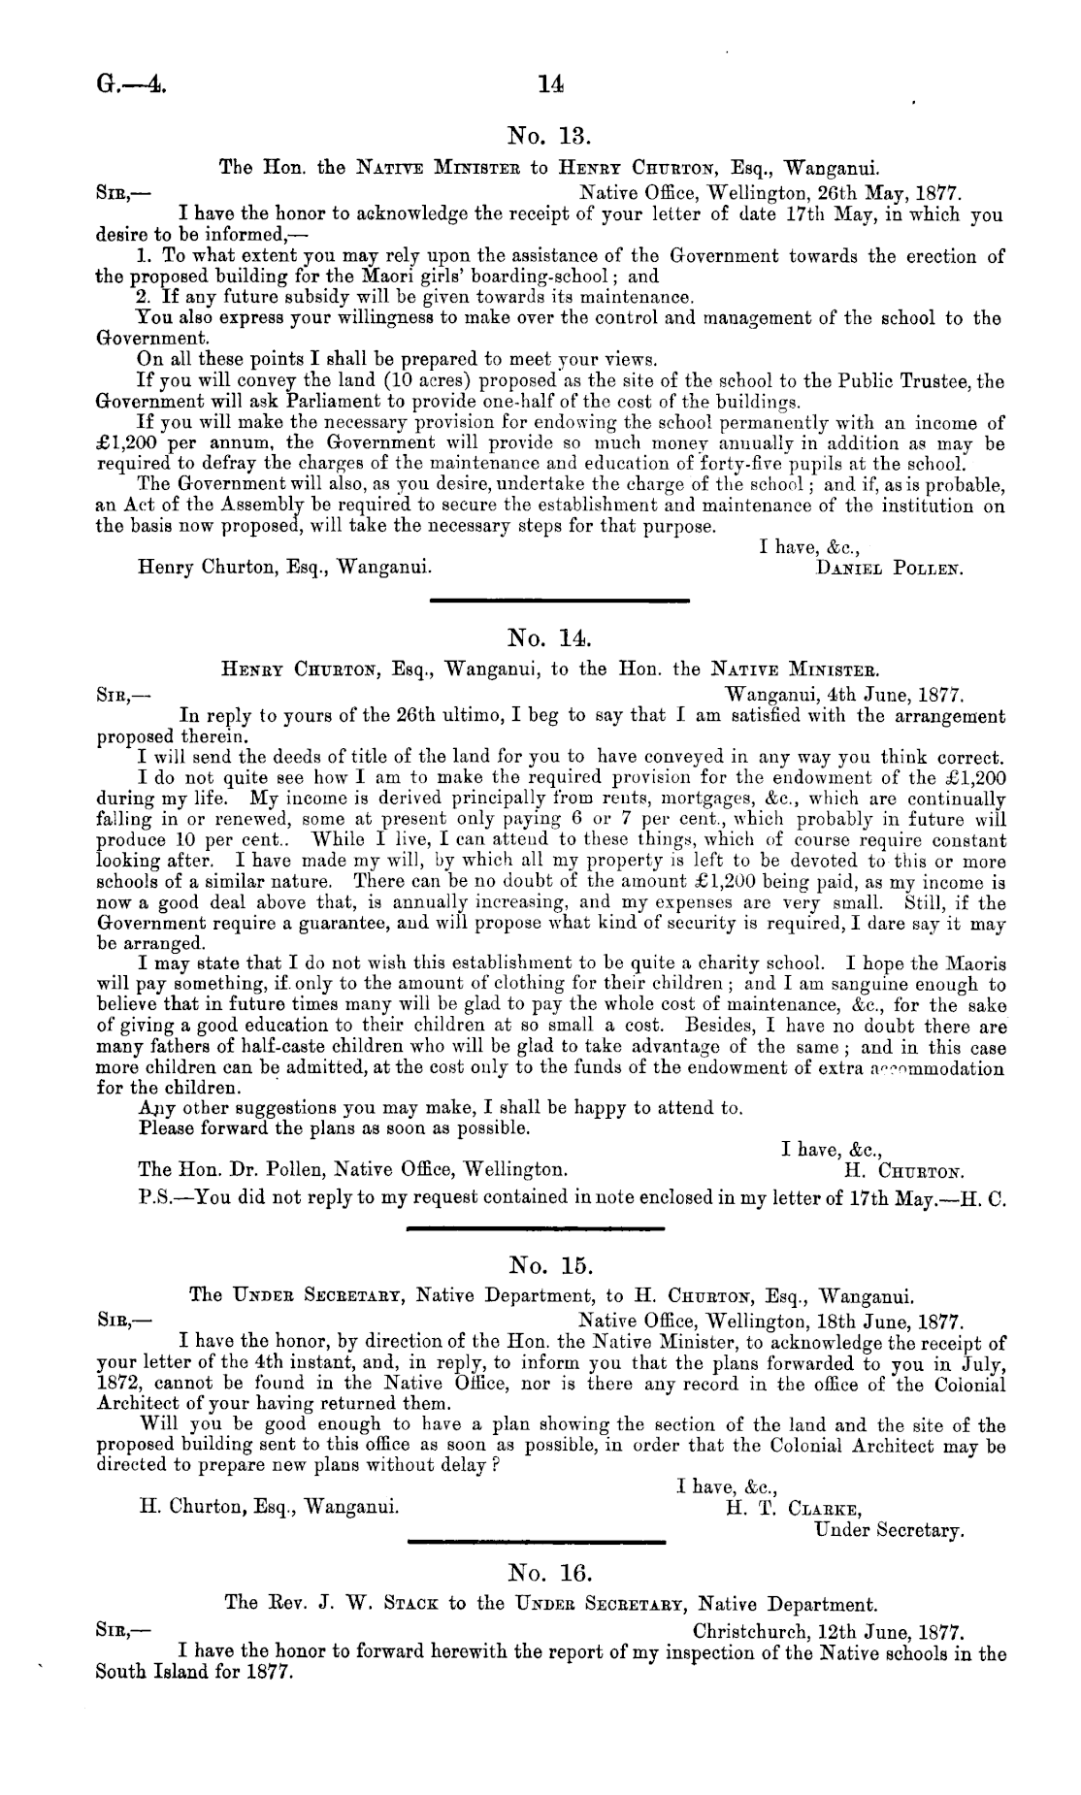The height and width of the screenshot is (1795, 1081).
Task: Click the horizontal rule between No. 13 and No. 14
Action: click(559, 602)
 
